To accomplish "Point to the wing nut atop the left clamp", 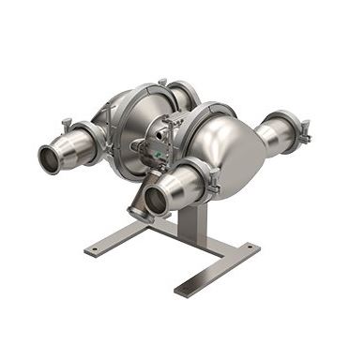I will point(68,122).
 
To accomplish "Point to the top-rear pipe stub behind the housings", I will point(184,90).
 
